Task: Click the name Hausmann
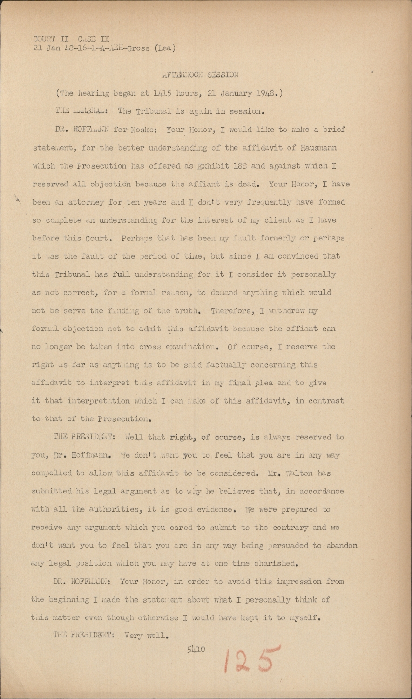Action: (x=313, y=148)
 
